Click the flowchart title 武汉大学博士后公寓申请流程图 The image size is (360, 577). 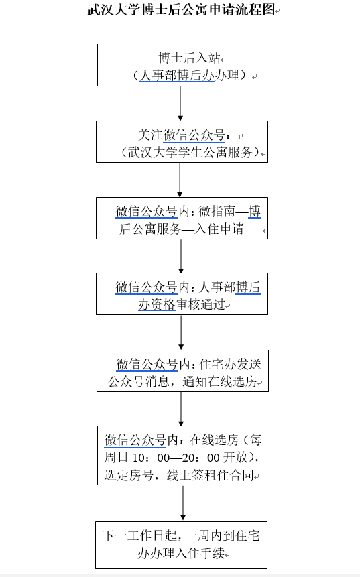pyautogui.click(x=182, y=9)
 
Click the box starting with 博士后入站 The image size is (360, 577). pyautogui.click(x=183, y=65)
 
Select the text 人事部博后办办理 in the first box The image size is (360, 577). pyautogui.click(x=190, y=76)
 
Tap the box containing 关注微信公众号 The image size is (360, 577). pyautogui.click(x=182, y=141)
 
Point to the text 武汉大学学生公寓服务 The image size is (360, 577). pyautogui.click(x=190, y=152)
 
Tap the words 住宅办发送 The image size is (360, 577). pyautogui.click(x=231, y=365)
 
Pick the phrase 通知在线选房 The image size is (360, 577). pyautogui.click(x=220, y=381)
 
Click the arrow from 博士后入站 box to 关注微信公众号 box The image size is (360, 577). pyautogui.click(x=180, y=103)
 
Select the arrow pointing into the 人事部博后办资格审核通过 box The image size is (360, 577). pyautogui.click(x=181, y=256)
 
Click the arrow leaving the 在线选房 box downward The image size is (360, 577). pyautogui.click(x=183, y=503)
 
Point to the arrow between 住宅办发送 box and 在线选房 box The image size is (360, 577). pyautogui.click(x=181, y=409)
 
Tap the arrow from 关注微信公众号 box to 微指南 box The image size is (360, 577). pyautogui.click(x=180, y=180)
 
